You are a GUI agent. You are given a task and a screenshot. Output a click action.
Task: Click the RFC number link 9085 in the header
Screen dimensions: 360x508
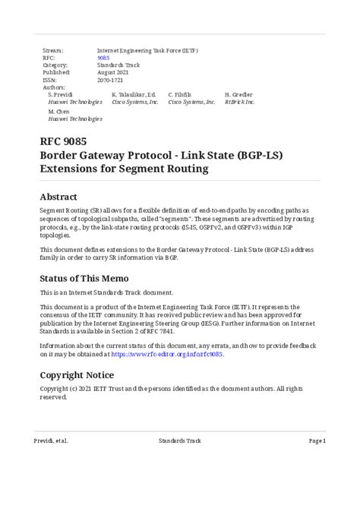[104, 58]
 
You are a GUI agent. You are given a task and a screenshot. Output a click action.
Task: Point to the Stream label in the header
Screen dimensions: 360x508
[52, 50]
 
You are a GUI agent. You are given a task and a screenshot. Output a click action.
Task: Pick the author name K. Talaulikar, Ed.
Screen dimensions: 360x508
[134, 94]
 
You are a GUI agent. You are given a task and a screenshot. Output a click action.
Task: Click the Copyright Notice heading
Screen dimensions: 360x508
[77, 374]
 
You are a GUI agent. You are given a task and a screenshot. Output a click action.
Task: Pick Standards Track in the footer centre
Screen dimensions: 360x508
[180, 440]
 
